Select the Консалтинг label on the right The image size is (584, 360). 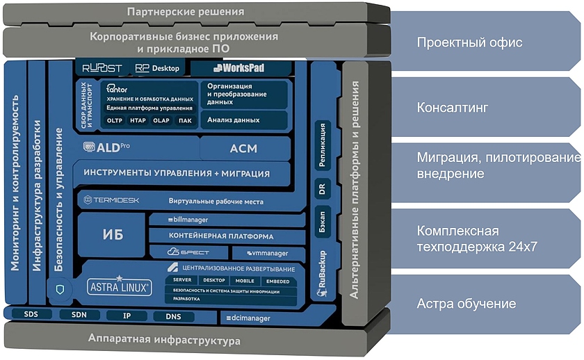tap(452, 108)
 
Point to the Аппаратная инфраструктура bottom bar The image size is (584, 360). tap(164, 341)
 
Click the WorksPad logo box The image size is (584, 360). tap(241, 68)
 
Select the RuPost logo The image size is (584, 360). tap(102, 68)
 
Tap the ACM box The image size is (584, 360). tap(243, 148)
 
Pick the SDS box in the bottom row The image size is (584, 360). tap(31, 315)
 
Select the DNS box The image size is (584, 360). tap(174, 317)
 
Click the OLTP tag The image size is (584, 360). tap(115, 121)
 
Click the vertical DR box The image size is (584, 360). tap(322, 188)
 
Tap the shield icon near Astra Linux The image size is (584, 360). tap(59, 288)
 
